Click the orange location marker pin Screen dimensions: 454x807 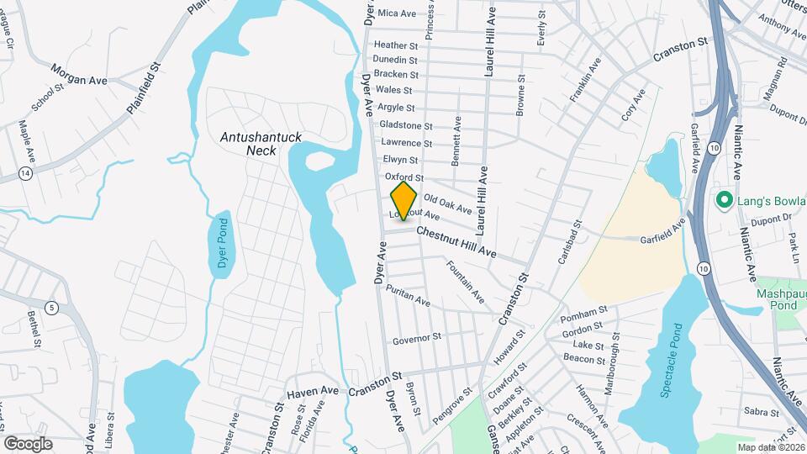point(404,201)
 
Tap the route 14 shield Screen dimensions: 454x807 point(27,173)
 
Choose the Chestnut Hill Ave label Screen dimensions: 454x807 point(456,242)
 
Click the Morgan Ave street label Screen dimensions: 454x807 point(80,75)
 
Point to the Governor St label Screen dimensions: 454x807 point(416,338)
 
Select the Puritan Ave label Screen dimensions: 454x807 point(408,295)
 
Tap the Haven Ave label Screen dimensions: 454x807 point(312,392)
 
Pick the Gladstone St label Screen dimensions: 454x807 point(405,125)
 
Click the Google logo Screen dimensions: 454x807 point(28,443)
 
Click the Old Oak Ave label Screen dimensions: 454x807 point(447,204)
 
